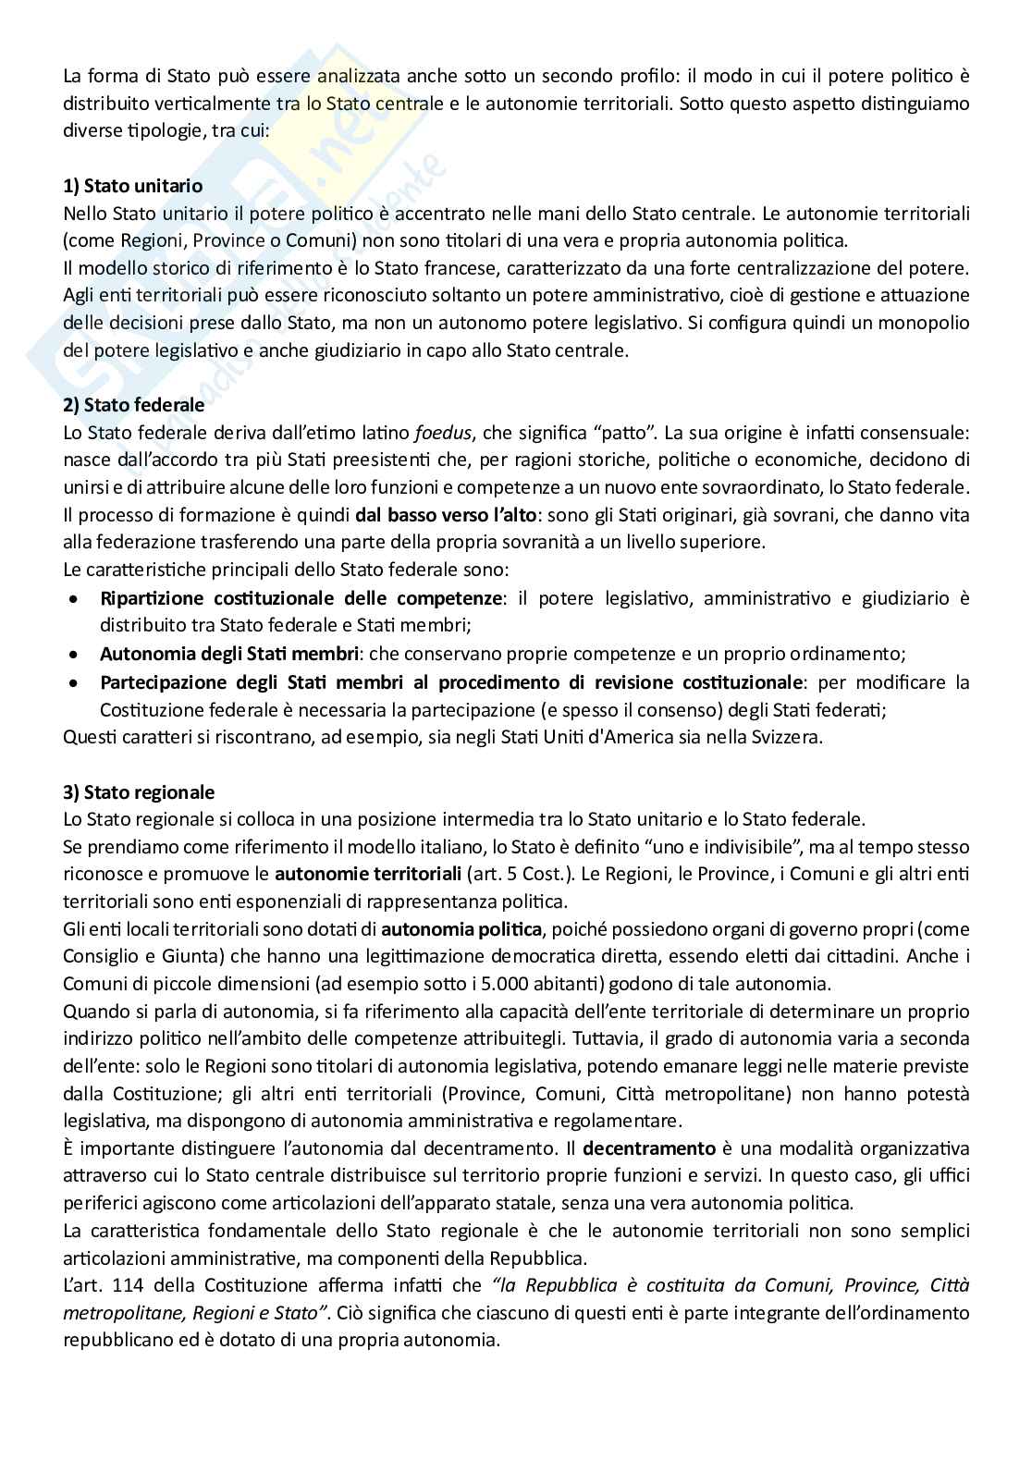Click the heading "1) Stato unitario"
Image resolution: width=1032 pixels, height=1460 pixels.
pos(132,186)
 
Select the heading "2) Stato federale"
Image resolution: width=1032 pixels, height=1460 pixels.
pos(133,404)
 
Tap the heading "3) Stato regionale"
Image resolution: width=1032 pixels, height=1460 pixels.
pos(139,792)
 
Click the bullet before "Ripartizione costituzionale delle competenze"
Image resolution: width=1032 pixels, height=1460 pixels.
pos(74,599)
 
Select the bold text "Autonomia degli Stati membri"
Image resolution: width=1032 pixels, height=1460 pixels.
pos(228,654)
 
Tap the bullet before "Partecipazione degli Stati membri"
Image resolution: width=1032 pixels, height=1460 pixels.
pos(74,682)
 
